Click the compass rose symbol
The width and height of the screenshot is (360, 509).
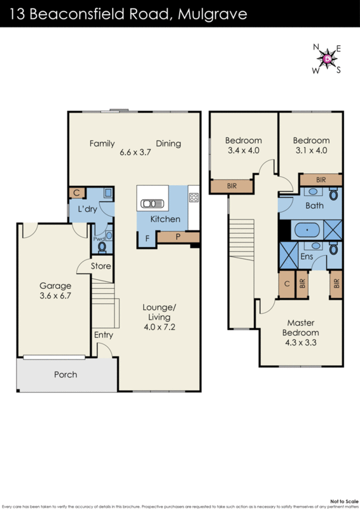coord(327,59)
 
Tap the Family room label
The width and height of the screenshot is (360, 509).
coord(102,143)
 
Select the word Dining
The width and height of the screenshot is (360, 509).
coord(169,143)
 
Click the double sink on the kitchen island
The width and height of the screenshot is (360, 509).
coord(153,204)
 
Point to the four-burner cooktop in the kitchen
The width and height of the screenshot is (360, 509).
coord(194,197)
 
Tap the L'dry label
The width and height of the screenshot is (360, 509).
coord(87,209)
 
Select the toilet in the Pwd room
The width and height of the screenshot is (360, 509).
coord(102,246)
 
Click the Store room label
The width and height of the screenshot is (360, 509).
coord(100,266)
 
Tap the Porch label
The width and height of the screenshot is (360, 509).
coord(65,375)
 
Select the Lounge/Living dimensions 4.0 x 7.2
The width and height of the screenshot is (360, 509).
coord(160,328)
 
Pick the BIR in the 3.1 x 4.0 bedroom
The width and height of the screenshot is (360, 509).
coord(321,180)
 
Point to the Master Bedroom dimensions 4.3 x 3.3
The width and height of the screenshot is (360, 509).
coord(300,342)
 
